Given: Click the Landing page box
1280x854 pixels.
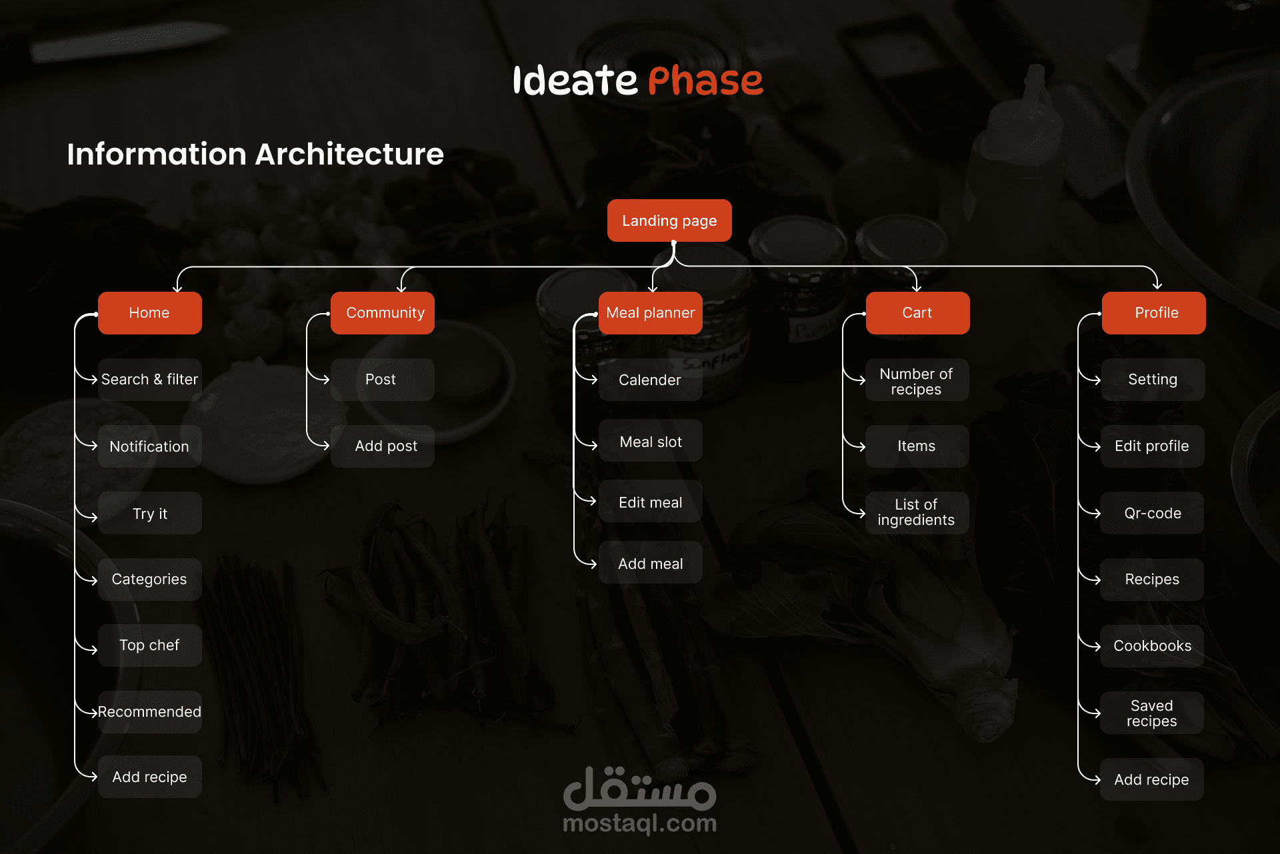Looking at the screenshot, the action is (669, 220).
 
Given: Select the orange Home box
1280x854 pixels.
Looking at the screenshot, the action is (150, 313).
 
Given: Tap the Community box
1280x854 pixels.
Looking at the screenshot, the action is (383, 313).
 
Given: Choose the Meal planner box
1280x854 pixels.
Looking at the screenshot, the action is (651, 313).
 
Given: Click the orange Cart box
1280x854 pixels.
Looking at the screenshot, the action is (918, 313).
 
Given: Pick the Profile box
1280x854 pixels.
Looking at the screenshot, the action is (1154, 313).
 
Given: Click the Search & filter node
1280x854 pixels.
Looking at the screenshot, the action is (150, 380).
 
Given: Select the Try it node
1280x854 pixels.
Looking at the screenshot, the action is (150, 513).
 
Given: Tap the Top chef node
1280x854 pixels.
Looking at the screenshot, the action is (150, 645).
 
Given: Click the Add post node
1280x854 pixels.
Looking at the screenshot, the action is (383, 446).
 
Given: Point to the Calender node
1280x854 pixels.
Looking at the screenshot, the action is (651, 380).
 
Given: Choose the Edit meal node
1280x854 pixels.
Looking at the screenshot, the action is (651, 502).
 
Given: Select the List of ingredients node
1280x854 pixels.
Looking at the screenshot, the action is (917, 513).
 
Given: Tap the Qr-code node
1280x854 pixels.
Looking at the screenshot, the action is (1153, 513).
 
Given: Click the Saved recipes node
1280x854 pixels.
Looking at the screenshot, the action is (1153, 713).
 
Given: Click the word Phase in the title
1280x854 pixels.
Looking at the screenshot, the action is (705, 81).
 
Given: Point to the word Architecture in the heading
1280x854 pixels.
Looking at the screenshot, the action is (349, 154).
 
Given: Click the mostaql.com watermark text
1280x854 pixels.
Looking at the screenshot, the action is (640, 823).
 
